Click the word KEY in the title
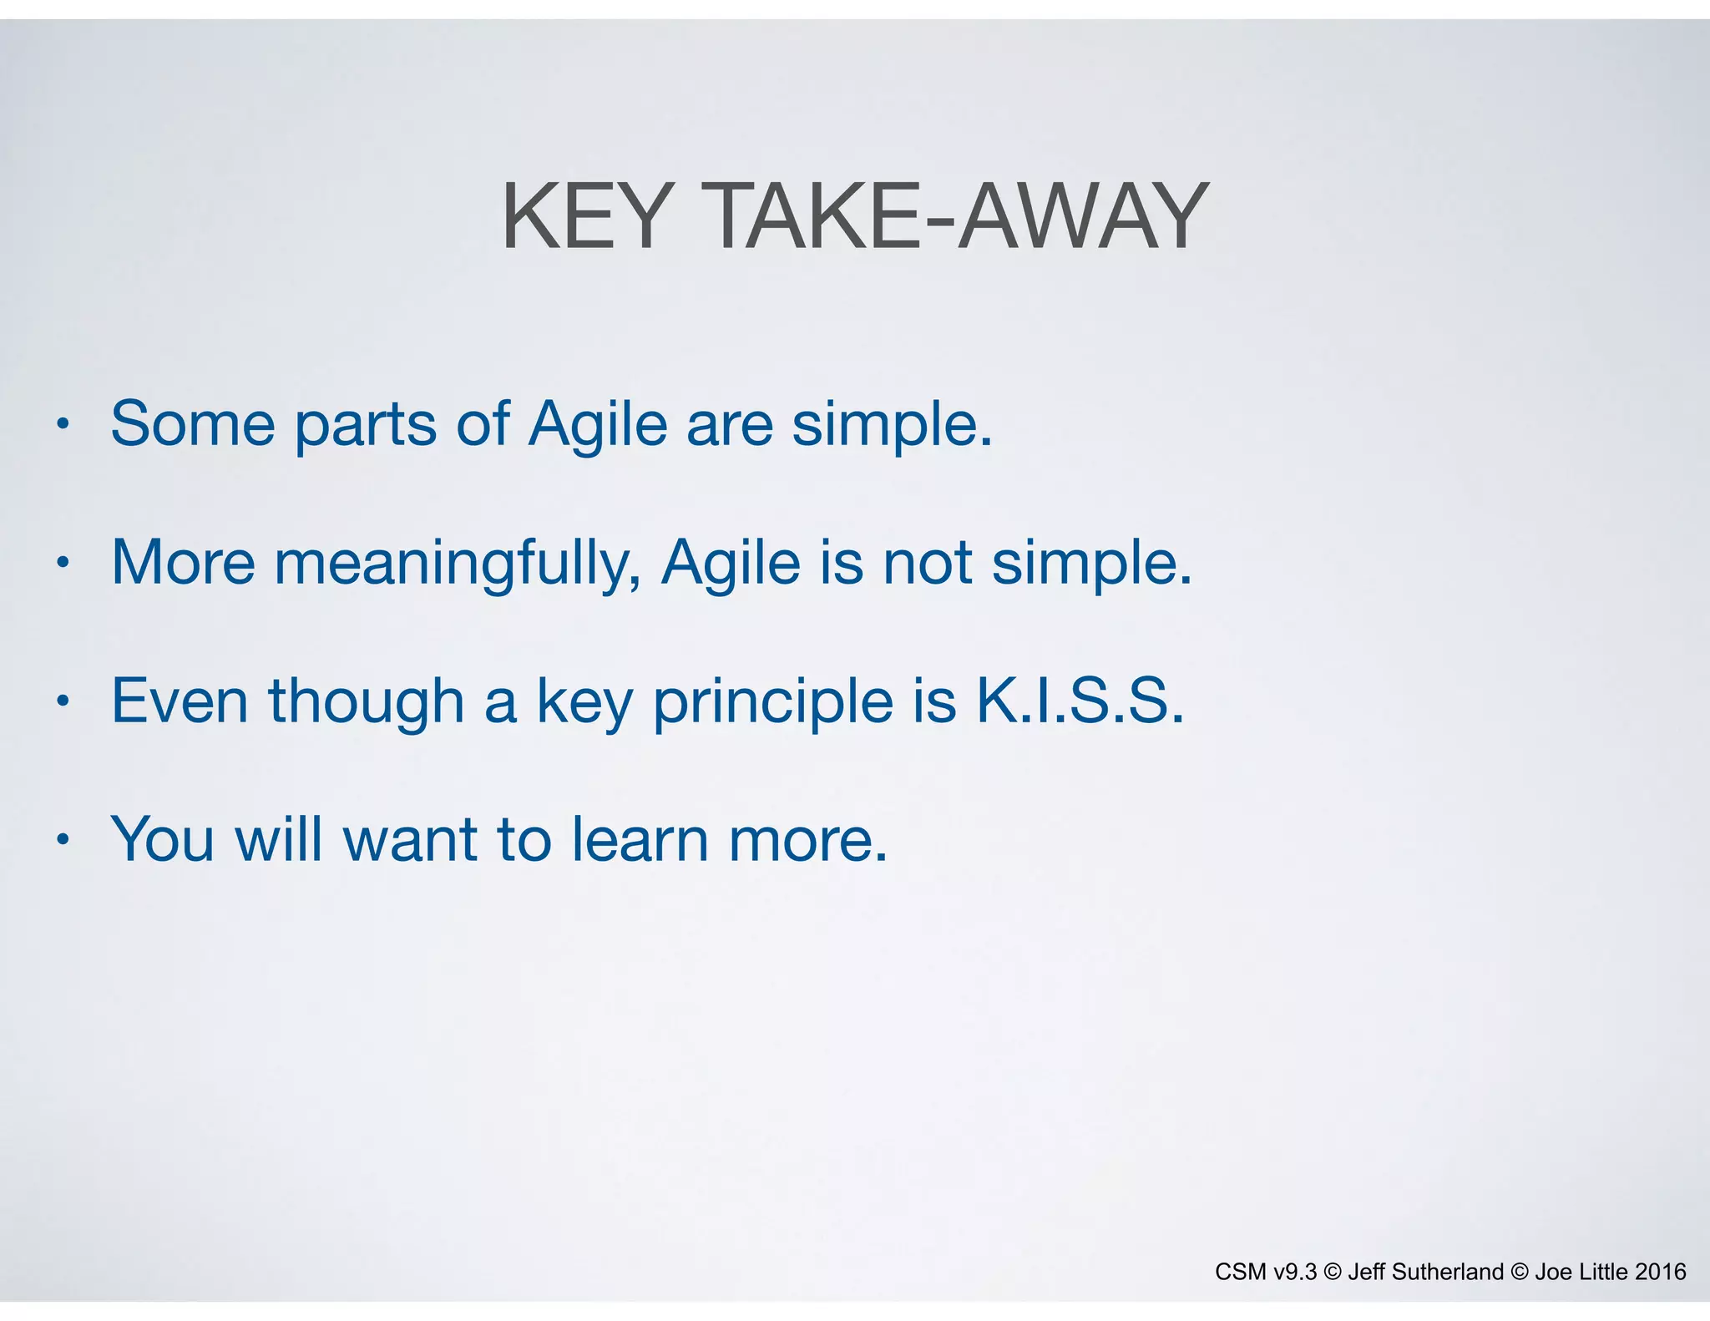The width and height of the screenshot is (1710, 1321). [587, 217]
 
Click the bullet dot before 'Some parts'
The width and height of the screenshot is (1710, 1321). [62, 424]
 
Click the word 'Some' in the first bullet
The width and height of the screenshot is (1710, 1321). [193, 424]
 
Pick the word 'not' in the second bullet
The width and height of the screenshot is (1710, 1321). [927, 563]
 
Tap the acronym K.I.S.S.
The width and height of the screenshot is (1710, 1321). [1080, 701]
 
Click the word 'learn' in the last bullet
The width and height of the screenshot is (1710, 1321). [640, 839]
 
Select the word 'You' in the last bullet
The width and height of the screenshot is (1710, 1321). [163, 839]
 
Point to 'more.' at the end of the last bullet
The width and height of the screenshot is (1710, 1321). [807, 841]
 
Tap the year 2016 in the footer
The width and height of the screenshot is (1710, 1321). [1660, 1272]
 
